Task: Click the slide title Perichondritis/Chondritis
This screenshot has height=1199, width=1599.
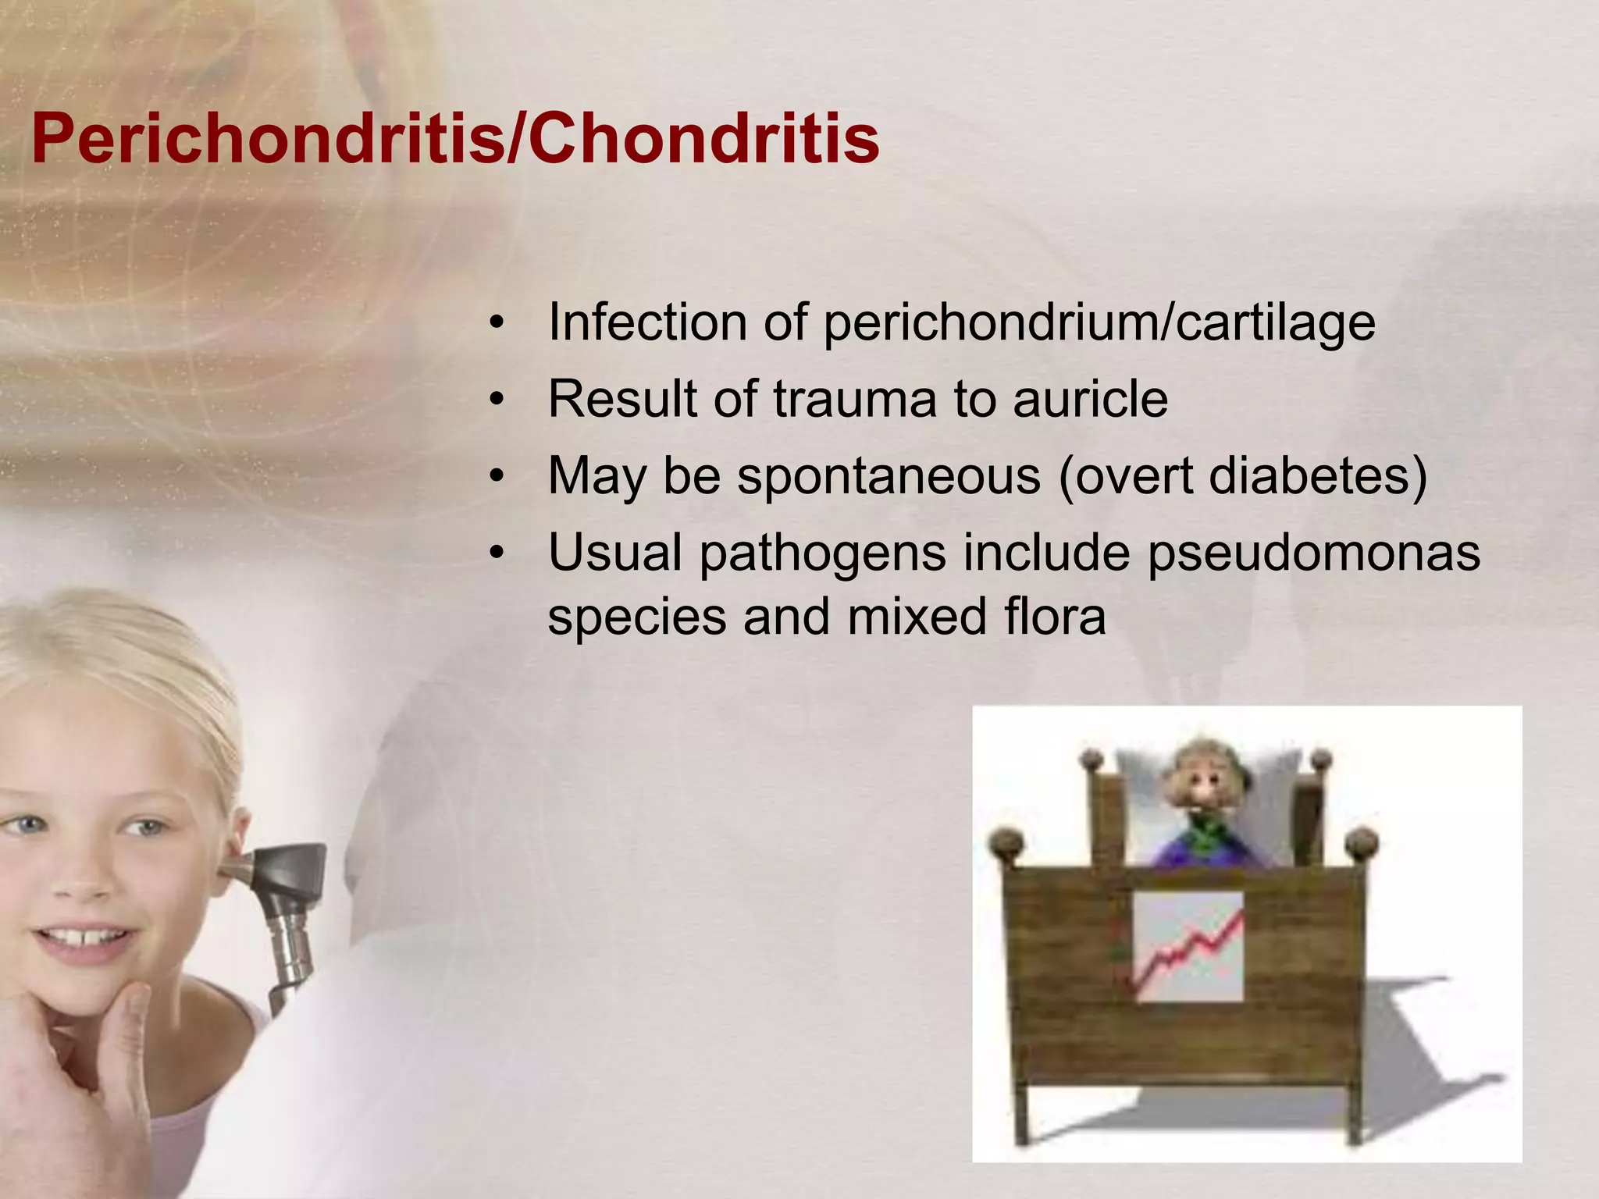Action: click(456, 139)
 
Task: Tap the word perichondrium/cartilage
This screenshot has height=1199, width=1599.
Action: click(1099, 323)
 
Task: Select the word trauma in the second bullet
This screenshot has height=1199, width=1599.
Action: click(855, 400)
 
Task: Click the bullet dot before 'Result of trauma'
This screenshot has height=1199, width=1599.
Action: click(497, 400)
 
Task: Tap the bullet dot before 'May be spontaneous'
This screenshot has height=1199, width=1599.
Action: click(497, 477)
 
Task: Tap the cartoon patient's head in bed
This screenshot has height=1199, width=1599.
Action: click(1202, 781)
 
